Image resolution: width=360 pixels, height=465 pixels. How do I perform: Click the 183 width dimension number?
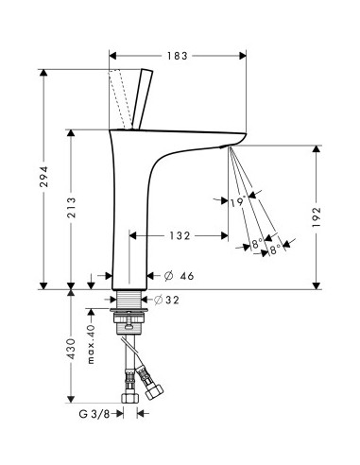(x=177, y=56)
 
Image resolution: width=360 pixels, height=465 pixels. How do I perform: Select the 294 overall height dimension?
(x=43, y=177)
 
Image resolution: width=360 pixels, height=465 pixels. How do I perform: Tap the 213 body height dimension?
(x=72, y=208)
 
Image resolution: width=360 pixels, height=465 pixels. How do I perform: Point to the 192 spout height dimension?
(x=317, y=217)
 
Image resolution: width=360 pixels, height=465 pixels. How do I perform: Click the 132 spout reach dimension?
(x=180, y=235)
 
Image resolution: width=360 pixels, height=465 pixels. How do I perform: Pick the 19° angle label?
(x=238, y=201)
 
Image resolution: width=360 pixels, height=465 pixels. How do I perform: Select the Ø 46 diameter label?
(x=179, y=276)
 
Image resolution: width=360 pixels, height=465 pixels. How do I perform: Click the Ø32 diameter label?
(x=166, y=300)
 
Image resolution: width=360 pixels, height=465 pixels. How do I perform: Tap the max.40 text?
(x=91, y=344)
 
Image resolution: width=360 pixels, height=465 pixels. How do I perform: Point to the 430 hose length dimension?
(x=72, y=349)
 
